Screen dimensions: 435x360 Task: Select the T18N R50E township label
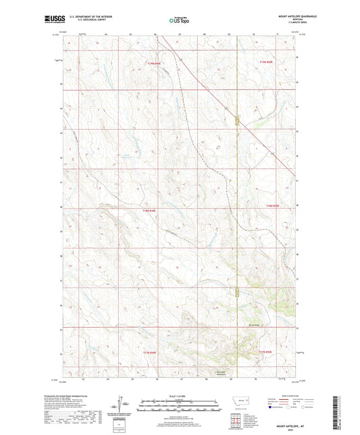coord(274,205)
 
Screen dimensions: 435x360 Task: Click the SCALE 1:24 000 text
coord(180,395)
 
